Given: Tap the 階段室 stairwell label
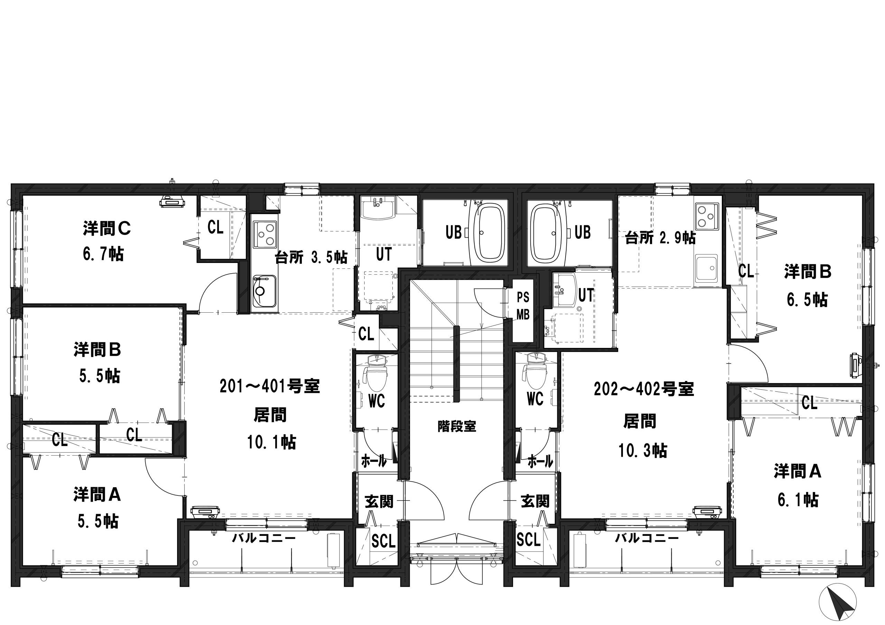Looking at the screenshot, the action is [457, 426].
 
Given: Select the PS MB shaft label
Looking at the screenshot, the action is [523, 306].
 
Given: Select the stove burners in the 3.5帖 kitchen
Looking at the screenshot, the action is [265, 235].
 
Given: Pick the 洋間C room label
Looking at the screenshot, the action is [107, 228].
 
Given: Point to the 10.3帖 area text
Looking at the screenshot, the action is [643, 450].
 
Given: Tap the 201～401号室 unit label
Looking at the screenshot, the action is [270, 387].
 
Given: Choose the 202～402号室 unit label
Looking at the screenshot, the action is [644, 390].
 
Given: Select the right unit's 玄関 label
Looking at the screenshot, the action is [535, 501].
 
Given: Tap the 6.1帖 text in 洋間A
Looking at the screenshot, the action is [798, 500].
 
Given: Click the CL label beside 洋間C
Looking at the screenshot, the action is [215, 227].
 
